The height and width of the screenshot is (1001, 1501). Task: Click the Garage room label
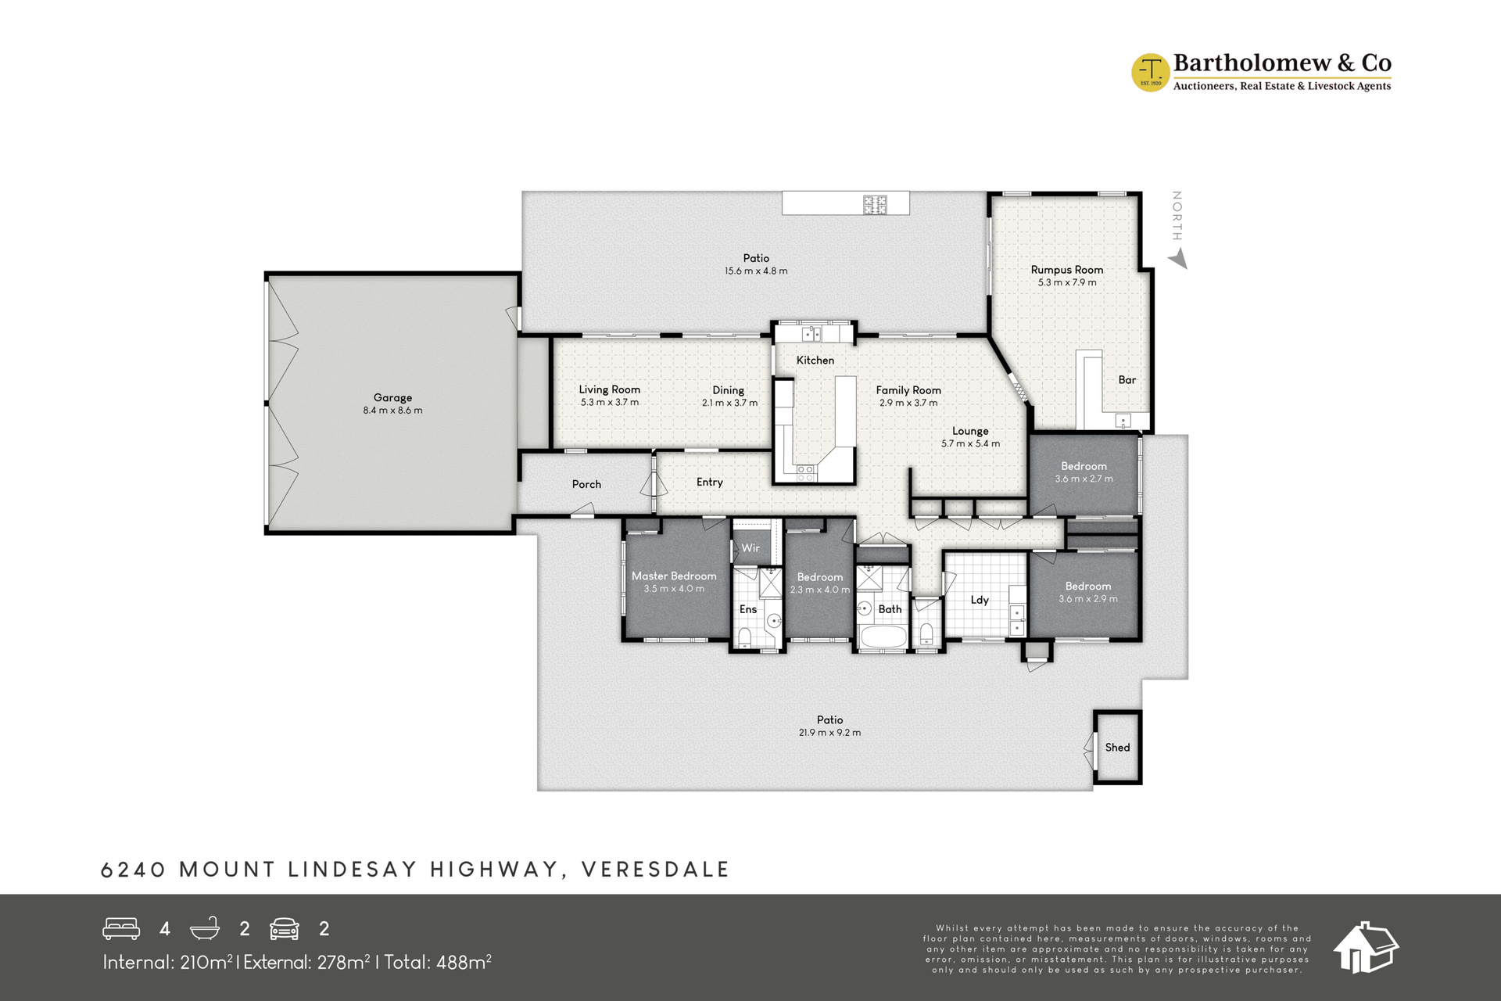click(x=392, y=397)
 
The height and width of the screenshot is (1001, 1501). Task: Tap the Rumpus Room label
click(x=1067, y=270)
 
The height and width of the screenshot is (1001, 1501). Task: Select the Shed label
click(x=1117, y=748)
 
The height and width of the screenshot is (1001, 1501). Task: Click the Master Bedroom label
click(x=674, y=576)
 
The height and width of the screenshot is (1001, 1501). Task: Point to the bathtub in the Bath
click(x=883, y=636)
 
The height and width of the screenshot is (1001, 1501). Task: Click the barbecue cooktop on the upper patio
click(x=875, y=204)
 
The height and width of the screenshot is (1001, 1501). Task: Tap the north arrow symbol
click(x=1177, y=260)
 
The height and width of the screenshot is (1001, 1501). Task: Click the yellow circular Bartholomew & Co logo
click(x=1150, y=73)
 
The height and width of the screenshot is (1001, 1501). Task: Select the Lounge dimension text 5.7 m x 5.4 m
click(x=970, y=443)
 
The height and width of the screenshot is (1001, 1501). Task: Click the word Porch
click(x=586, y=484)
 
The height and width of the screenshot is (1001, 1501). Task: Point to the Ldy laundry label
click(x=980, y=600)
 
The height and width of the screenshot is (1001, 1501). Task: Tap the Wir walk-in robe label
click(x=750, y=548)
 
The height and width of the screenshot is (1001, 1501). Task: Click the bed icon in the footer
click(x=121, y=928)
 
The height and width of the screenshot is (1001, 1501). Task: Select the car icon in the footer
click(x=285, y=928)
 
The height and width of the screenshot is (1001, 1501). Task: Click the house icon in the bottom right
click(x=1366, y=947)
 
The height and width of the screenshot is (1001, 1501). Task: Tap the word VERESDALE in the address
click(x=655, y=870)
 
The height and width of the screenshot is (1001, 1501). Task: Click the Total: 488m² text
click(x=437, y=962)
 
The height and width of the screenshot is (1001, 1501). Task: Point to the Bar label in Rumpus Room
click(x=1127, y=380)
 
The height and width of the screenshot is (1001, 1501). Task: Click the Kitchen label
click(x=815, y=361)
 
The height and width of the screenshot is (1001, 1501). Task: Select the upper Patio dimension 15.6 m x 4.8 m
click(x=756, y=271)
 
